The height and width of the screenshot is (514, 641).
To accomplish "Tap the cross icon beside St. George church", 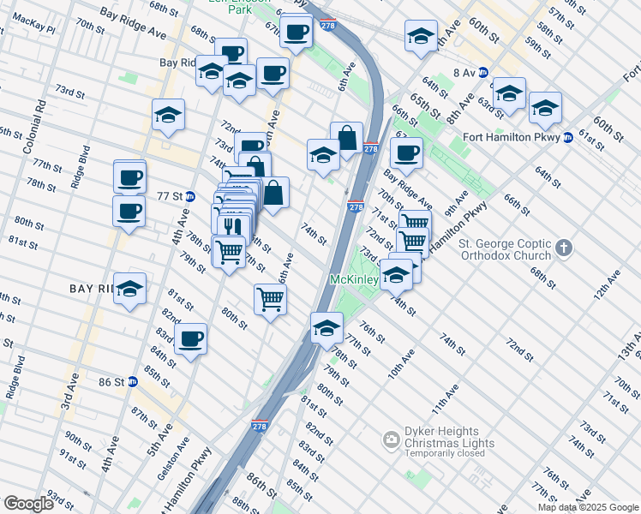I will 563,248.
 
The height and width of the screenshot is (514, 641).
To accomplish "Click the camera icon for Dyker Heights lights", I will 392,439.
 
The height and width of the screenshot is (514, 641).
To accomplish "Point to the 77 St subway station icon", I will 192,196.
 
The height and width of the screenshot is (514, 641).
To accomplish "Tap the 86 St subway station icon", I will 133,381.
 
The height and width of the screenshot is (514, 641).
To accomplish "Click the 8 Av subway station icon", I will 482,74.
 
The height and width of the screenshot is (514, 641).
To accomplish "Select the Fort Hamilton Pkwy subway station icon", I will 567,137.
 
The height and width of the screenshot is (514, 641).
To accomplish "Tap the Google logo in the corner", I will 28,504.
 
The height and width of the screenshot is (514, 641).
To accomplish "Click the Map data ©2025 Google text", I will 588,507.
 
